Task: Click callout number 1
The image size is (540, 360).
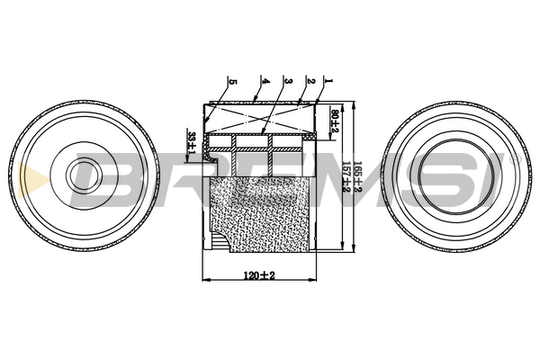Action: (x=329, y=81)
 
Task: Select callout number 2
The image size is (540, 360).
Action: (x=309, y=81)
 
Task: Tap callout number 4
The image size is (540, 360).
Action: (x=265, y=81)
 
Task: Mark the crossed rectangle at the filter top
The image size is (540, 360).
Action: (x=261, y=117)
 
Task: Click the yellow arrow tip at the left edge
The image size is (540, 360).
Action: (x=21, y=176)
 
